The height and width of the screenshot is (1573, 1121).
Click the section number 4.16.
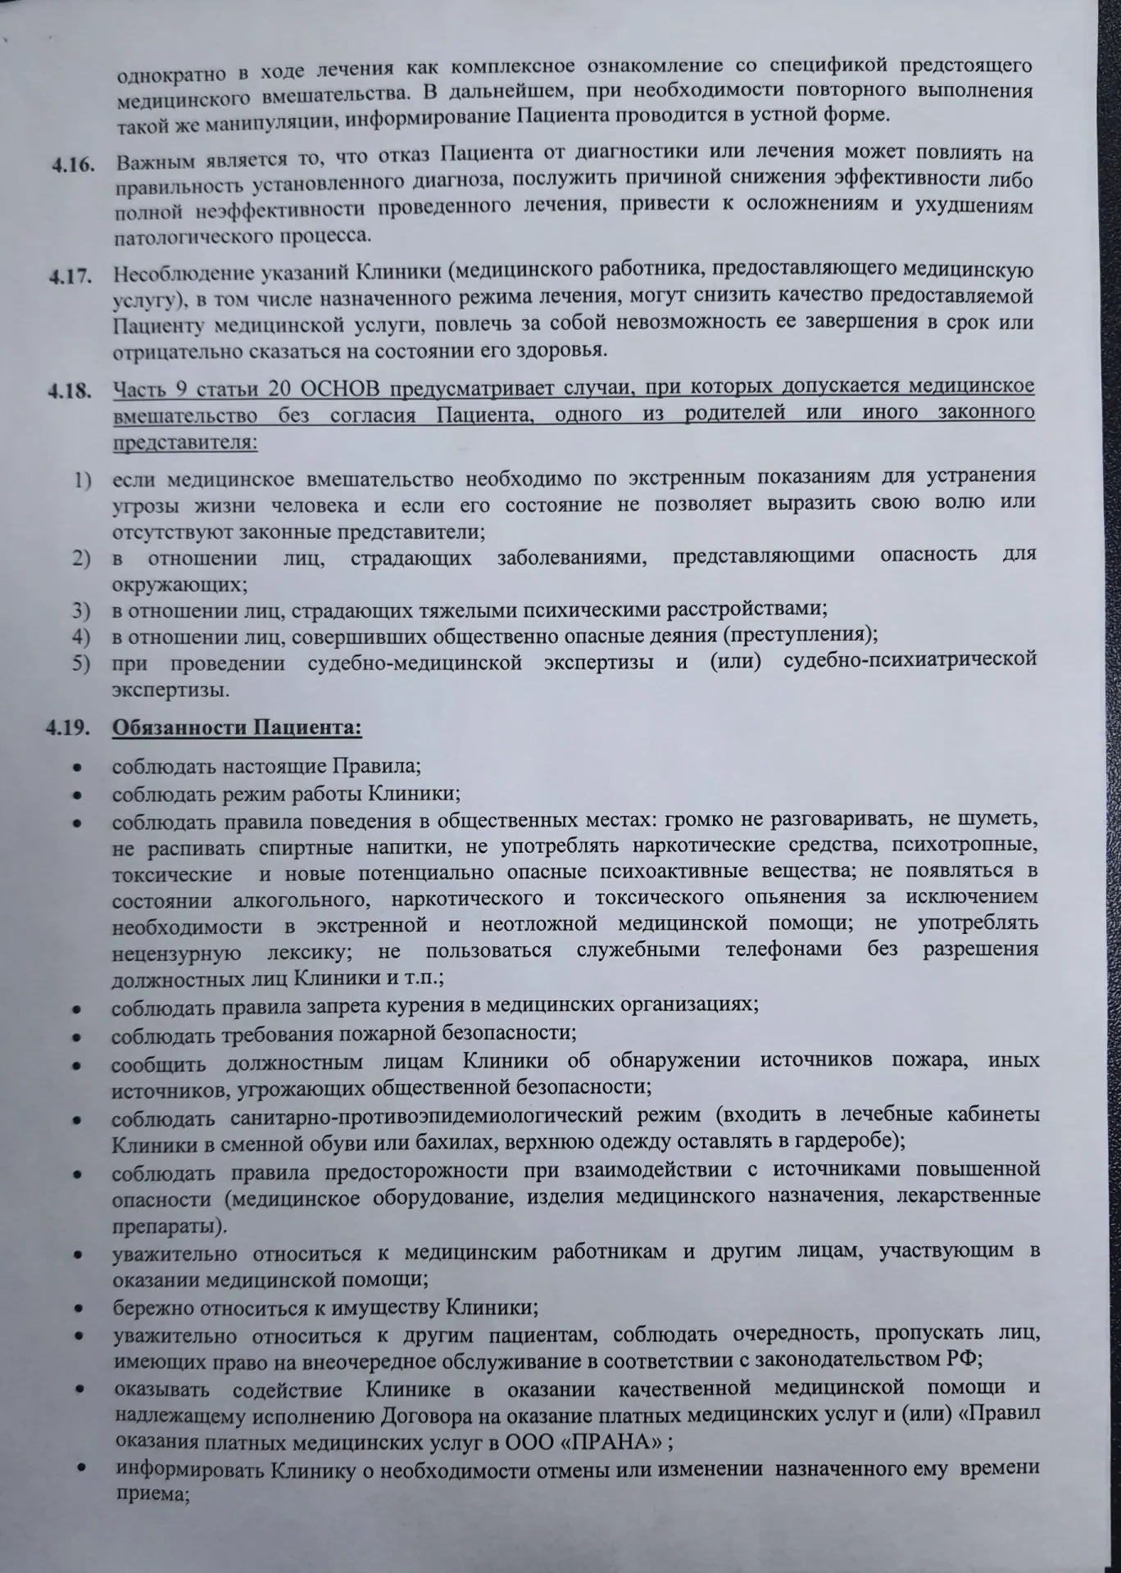[72, 164]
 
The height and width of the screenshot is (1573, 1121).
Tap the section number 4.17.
[70, 276]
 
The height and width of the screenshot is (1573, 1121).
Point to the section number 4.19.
[68, 726]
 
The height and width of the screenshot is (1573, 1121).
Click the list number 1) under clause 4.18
[82, 479]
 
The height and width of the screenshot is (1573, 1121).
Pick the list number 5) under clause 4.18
[81, 663]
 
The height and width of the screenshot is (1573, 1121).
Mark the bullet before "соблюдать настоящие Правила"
[76, 768]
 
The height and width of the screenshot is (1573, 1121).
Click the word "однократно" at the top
[171, 74]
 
